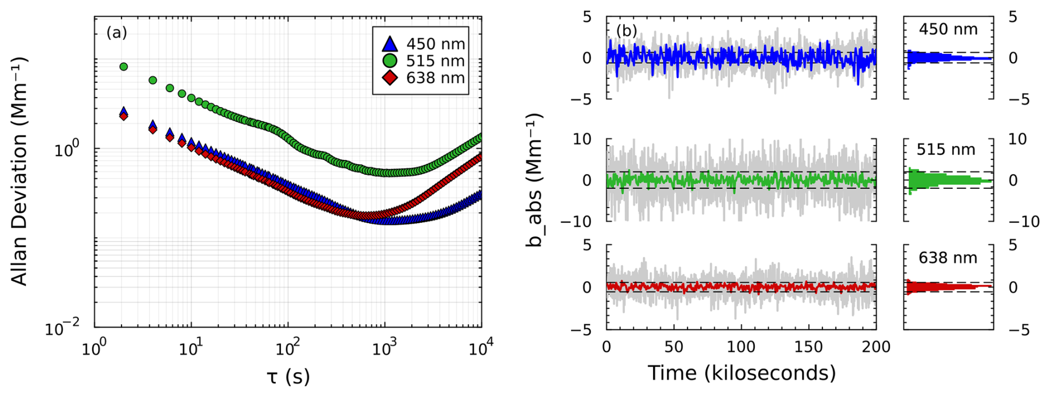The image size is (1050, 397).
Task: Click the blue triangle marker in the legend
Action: coord(391,44)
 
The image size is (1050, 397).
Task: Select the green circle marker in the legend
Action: coord(391,61)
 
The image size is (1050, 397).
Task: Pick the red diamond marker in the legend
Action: coord(391,78)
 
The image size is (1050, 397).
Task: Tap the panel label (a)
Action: coord(117,33)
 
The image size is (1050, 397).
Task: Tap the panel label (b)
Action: coord(627,31)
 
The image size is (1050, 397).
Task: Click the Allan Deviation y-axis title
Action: coord(20,171)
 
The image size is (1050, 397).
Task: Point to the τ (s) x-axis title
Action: coord(288,376)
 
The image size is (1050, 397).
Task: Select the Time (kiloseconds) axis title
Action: coord(741,373)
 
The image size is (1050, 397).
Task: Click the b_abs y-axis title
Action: coord(534,180)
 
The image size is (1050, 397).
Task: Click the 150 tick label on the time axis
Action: coord(808,348)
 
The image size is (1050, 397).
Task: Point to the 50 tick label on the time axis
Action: coord(673,348)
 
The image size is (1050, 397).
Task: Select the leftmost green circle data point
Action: coord(124,67)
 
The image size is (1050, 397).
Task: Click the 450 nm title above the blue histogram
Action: coord(948,29)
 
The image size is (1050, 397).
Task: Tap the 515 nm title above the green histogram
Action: coord(946,149)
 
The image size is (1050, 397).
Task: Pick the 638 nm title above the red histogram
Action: coord(947,258)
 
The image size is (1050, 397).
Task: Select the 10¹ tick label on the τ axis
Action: coord(191,349)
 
